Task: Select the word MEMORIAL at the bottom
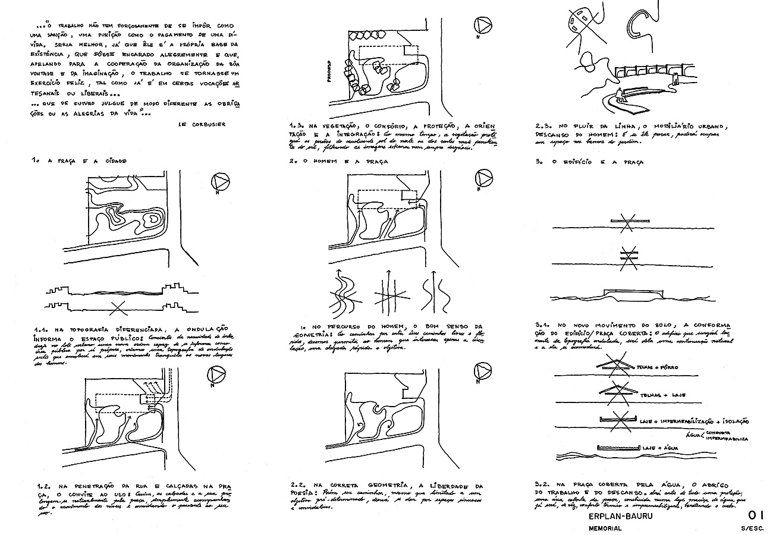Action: click(605, 528)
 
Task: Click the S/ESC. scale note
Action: click(753, 528)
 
